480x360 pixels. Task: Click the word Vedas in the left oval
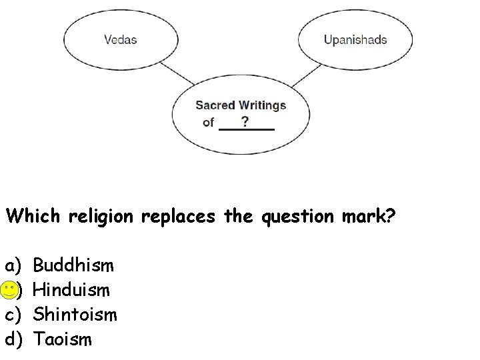point(120,39)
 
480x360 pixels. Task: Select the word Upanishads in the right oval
point(355,39)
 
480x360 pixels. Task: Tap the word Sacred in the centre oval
point(215,105)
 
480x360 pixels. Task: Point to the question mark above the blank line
point(245,121)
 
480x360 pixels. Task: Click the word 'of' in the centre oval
point(208,123)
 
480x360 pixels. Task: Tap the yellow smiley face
point(9,290)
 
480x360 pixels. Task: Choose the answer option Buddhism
point(73,266)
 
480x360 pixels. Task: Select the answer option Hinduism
point(71,290)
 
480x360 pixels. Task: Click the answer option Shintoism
point(75,314)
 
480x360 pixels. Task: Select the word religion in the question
point(111,217)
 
